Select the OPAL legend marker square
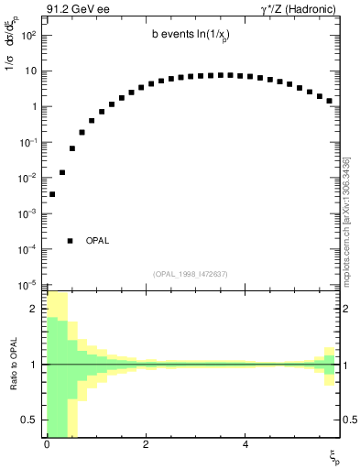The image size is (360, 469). (70, 241)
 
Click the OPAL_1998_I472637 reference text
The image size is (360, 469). (191, 274)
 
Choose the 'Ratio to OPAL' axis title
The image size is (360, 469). (13, 364)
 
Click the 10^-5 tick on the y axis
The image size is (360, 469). (27, 285)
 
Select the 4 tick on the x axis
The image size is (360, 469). (245, 445)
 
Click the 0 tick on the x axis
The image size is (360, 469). (47, 445)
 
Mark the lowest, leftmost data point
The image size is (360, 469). (52, 194)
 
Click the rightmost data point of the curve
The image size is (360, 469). (329, 101)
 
